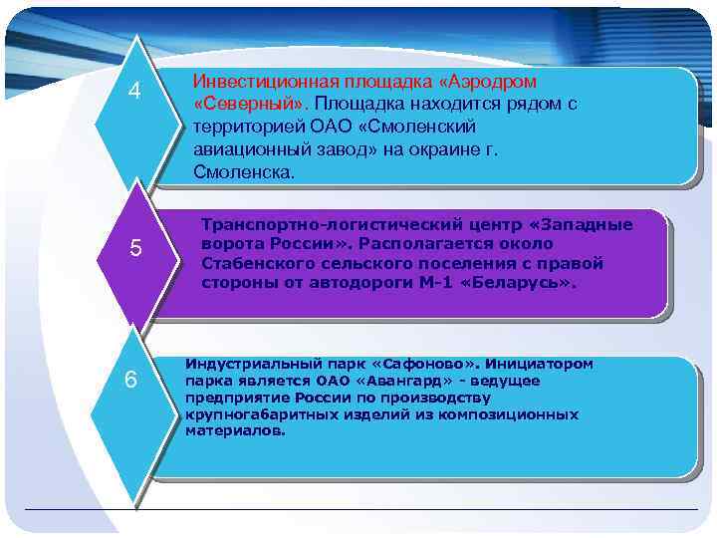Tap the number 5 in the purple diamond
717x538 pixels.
click(x=137, y=248)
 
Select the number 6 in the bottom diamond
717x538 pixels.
click(x=131, y=380)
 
